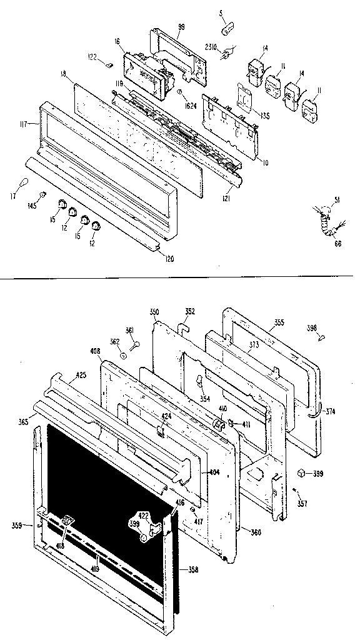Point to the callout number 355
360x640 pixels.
click(278, 322)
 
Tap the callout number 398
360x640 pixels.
click(312, 327)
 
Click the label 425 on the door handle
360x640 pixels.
click(81, 376)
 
